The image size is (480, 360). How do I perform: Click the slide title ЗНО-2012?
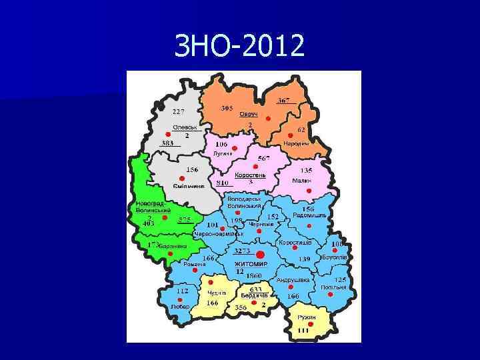(239, 45)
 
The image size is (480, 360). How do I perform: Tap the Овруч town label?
(249, 115)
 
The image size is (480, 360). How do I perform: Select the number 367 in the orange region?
(285, 100)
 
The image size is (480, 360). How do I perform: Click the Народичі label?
(296, 144)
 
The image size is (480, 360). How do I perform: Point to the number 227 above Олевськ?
(179, 111)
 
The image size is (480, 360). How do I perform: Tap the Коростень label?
(250, 175)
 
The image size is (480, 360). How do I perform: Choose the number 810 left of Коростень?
(223, 183)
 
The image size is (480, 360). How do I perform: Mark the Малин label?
(302, 181)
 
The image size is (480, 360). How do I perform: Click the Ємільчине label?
(188, 185)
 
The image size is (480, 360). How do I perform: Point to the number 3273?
(241, 251)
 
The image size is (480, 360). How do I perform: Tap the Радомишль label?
(310, 215)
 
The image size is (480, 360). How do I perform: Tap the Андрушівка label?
(293, 280)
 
